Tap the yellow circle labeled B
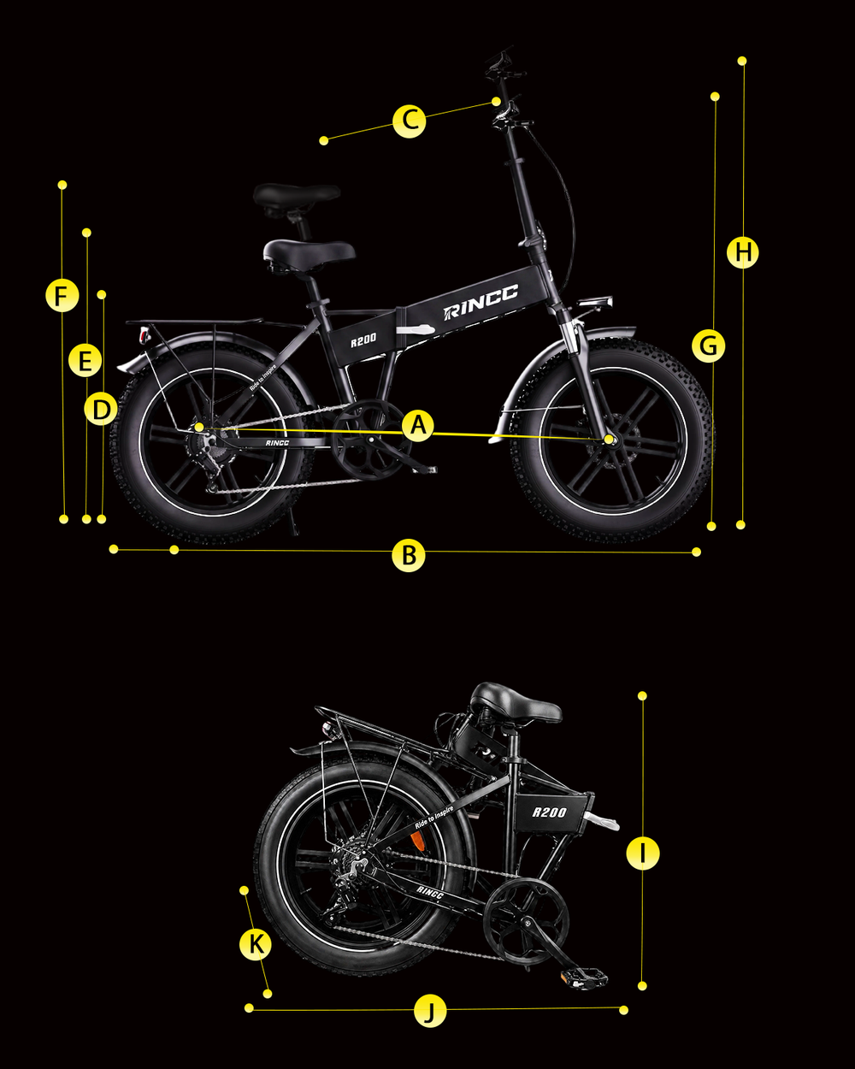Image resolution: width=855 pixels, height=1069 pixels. [409, 555]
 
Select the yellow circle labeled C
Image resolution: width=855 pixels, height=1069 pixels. [410, 121]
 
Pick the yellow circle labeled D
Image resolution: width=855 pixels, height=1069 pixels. [101, 410]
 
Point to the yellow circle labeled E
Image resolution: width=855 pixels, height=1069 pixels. [85, 361]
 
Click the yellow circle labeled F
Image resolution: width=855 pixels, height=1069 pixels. [62, 296]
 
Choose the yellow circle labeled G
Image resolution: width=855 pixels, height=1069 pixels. [709, 346]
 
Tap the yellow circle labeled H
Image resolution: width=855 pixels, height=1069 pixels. [743, 252]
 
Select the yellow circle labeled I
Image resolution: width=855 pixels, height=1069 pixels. [643, 853]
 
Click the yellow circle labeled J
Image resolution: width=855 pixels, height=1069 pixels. [430, 1010]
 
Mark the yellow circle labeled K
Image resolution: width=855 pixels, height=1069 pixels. [256, 943]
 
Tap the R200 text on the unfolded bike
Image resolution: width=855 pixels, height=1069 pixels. [363, 340]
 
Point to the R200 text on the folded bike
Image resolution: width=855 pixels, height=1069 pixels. [550, 812]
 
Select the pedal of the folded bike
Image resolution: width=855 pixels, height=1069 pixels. [584, 978]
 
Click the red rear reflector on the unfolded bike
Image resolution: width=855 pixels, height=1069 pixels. [144, 335]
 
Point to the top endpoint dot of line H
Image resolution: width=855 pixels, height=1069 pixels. [742, 61]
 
